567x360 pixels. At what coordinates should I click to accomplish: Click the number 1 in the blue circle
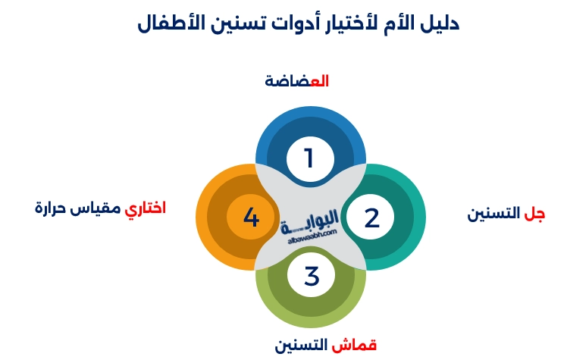pos(309,159)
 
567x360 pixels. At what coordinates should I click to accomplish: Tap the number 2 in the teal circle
pos(371,218)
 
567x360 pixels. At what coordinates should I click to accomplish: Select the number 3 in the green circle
pos(312,276)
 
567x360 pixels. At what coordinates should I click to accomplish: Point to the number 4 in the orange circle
pos(251,218)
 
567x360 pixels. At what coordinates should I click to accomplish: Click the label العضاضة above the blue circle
pos(296,80)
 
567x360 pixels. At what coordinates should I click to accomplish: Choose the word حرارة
pos(53,207)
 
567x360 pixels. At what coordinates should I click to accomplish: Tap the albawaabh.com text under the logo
pos(311,241)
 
